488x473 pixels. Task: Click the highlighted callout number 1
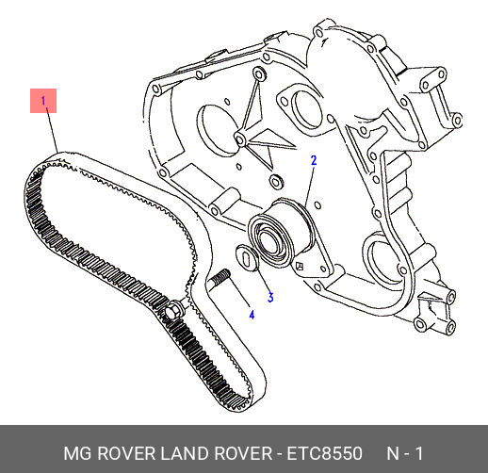tap(43, 101)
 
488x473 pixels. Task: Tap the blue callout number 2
tap(314, 160)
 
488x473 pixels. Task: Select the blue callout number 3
tap(270, 297)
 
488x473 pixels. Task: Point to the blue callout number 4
tap(252, 315)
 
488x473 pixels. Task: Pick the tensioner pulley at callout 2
tap(280, 233)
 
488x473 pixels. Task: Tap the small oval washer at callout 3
tap(247, 257)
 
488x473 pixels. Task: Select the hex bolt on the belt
tap(173, 310)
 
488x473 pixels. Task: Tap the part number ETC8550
tap(324, 454)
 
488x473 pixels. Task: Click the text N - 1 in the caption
tap(404, 454)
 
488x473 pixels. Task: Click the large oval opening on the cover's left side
tap(217, 131)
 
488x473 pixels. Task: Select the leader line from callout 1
tap(52, 130)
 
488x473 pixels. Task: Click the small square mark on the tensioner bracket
tap(300, 267)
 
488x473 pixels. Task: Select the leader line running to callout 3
tap(264, 278)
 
